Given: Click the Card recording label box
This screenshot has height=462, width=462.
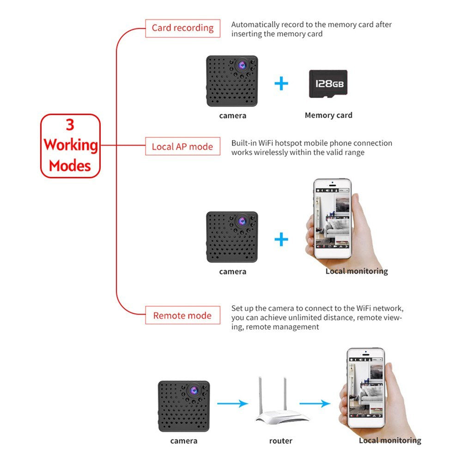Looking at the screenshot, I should coord(182,28).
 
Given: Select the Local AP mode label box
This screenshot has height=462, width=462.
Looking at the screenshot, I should coord(182,146).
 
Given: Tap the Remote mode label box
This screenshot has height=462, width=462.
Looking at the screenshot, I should coord(182,316).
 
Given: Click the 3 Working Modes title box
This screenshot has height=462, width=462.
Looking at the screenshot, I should coord(71,146).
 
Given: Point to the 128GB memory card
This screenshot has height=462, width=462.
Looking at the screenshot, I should coord(328,84).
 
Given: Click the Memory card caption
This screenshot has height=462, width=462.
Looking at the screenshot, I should coord(328,115).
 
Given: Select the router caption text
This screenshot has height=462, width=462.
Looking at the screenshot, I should coord(280,441).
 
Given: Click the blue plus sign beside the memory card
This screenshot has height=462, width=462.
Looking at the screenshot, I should coord(281,83).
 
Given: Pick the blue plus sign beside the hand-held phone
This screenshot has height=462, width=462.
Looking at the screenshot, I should coord(281,239).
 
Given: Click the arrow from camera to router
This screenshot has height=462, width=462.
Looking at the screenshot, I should coord(232,403).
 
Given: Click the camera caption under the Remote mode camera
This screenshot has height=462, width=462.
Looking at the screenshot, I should coord(183,441).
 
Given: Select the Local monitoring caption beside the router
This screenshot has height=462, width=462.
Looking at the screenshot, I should coord(389,440).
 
